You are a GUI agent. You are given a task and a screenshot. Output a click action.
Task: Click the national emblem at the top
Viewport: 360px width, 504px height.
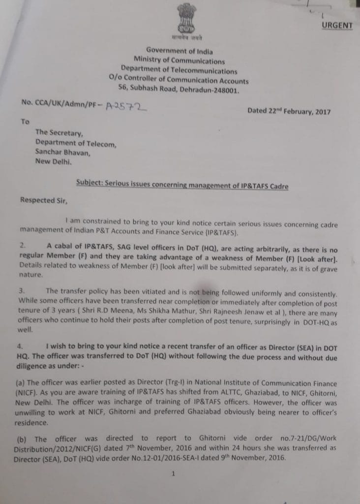[187, 20]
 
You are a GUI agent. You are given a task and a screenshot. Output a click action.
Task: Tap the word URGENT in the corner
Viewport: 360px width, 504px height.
[337, 25]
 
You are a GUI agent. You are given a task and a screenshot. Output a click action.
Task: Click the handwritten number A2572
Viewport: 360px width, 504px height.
[127, 104]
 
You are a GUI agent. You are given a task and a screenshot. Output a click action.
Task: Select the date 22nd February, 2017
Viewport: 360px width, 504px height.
[289, 111]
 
